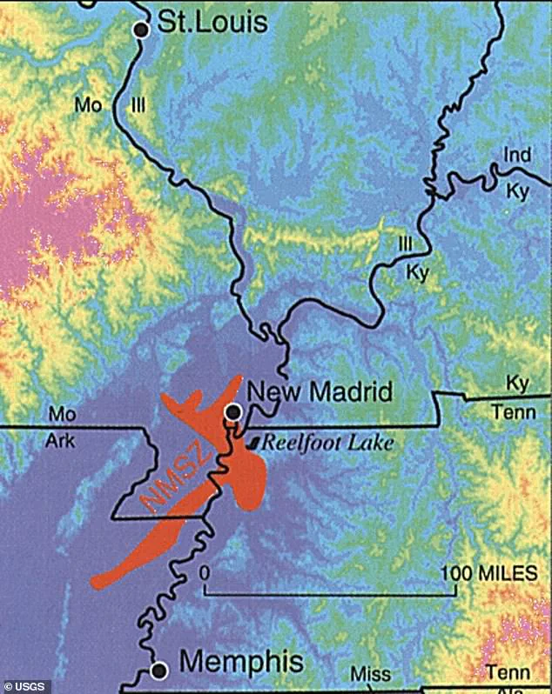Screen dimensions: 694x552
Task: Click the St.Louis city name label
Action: pyautogui.click(x=212, y=21)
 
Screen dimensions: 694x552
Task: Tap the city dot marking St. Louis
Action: pyautogui.click(x=141, y=30)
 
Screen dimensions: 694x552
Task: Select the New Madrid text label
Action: pyautogui.click(x=320, y=391)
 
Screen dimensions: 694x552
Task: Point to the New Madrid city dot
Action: pyautogui.click(x=232, y=410)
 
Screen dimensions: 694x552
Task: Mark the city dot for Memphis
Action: pyautogui.click(x=159, y=671)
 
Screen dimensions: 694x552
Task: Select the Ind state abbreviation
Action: pyautogui.click(x=517, y=156)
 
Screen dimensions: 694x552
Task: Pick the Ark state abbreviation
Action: pyautogui.click(x=61, y=442)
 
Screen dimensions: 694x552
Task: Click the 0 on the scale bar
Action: pyautogui.click(x=205, y=573)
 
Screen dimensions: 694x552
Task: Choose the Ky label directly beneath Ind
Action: pyautogui.click(x=517, y=191)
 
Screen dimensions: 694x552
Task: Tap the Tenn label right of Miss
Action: pyautogui.click(x=508, y=673)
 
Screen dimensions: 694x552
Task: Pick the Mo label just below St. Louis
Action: pyautogui.click(x=88, y=105)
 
